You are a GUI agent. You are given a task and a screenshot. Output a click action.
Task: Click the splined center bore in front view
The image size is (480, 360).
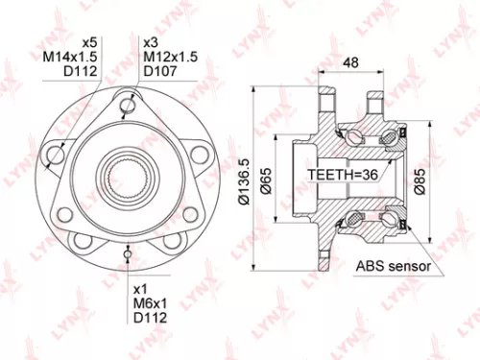pyautogui.click(x=129, y=177)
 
